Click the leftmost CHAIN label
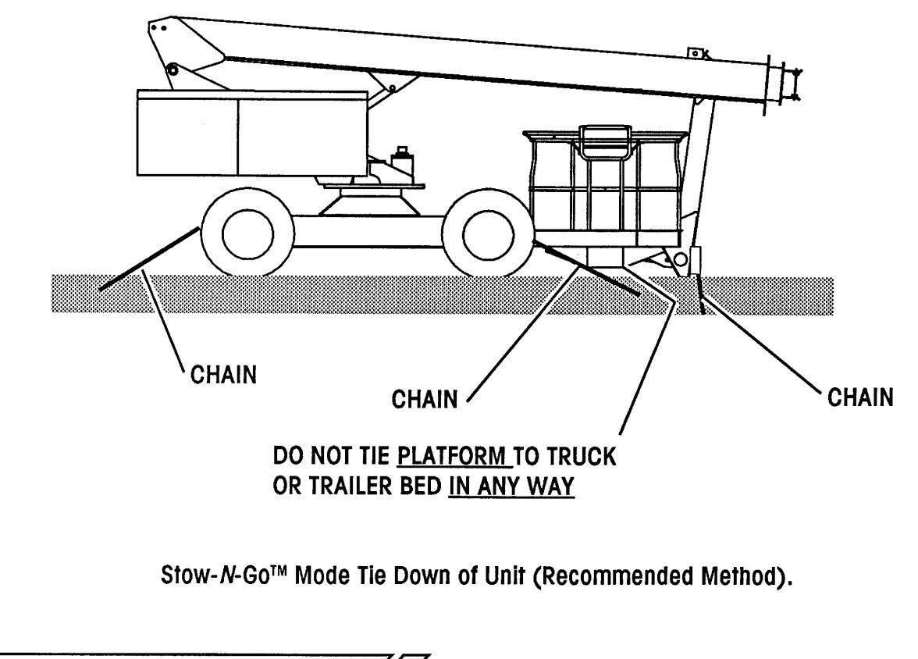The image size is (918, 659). [223, 375]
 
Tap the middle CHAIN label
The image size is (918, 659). [425, 400]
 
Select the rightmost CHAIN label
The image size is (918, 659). [860, 397]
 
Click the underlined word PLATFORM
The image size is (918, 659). [452, 456]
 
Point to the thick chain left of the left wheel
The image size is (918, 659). [149, 258]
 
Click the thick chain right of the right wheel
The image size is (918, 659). [592, 269]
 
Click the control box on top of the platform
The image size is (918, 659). [606, 141]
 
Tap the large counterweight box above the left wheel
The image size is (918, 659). [252, 133]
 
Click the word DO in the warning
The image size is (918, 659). [288, 456]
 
